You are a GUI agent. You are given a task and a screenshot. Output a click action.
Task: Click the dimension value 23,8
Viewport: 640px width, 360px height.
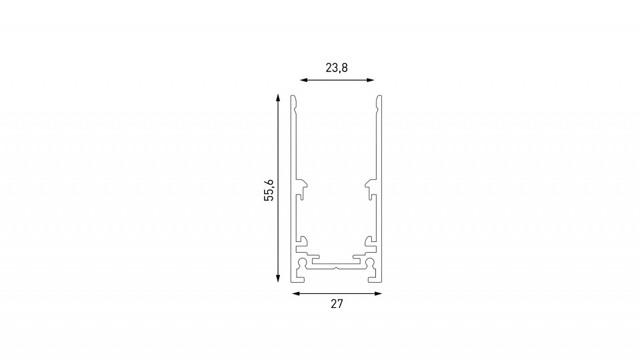(337, 67)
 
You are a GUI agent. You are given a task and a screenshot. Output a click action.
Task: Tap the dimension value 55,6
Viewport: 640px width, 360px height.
(269, 190)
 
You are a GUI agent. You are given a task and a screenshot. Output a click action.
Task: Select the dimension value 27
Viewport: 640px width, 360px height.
(337, 305)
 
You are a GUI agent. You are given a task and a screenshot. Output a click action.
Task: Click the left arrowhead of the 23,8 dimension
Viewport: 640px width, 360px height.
(303, 80)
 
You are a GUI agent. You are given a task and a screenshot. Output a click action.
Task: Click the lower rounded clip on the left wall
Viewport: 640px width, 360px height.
(303, 240)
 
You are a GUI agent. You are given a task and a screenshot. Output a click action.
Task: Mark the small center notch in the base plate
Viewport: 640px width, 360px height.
(337, 269)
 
